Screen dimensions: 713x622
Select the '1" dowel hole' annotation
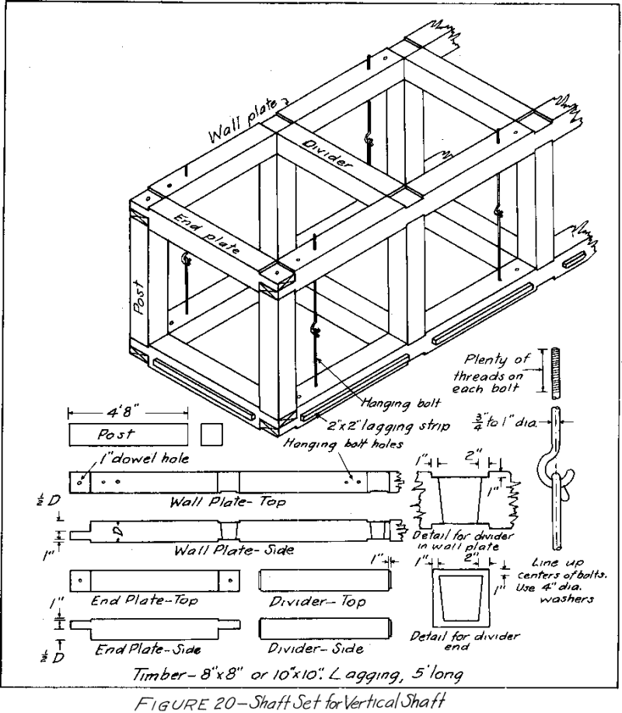138,458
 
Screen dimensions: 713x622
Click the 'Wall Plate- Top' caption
228,503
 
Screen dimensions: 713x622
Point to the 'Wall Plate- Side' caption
233,550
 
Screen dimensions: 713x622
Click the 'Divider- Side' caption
316,647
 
